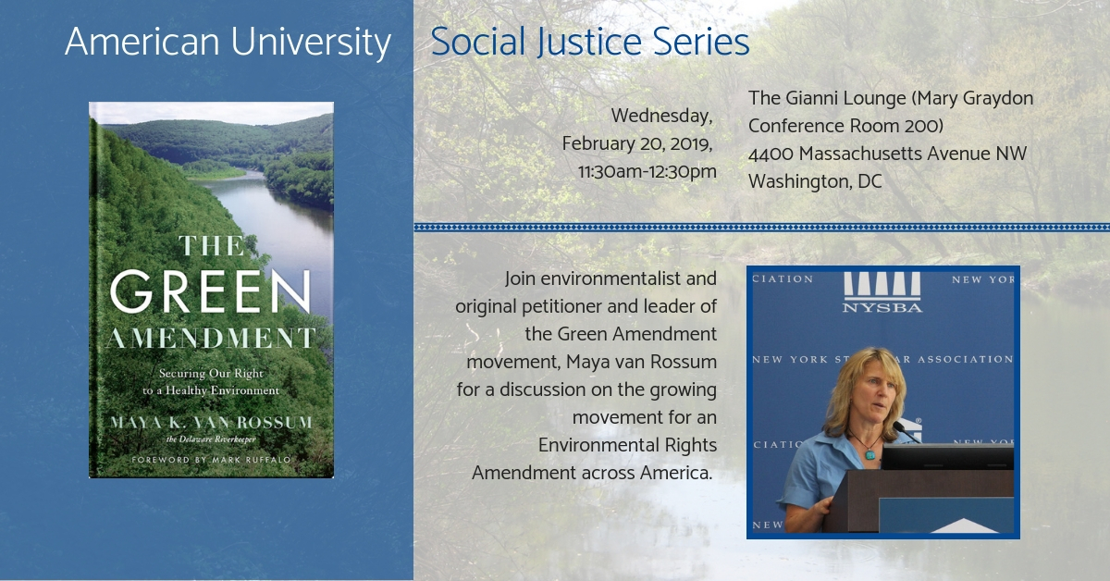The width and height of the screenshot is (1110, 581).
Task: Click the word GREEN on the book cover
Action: [x=211, y=291]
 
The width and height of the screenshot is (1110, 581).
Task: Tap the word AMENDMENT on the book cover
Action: [x=211, y=338]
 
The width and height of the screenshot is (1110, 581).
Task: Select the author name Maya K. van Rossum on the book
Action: [x=211, y=423]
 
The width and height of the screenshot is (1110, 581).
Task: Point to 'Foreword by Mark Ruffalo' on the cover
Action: [x=211, y=460]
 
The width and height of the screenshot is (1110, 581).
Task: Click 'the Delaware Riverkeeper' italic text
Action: [x=211, y=439]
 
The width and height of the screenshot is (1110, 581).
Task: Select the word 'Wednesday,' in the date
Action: [x=661, y=116]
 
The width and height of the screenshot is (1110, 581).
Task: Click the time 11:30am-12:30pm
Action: [x=647, y=171]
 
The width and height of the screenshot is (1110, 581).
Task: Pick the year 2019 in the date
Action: [x=691, y=144]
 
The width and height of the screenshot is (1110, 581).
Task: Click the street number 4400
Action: [x=771, y=154]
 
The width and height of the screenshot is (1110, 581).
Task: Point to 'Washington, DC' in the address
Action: [x=815, y=181]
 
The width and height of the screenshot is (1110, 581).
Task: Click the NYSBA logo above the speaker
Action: [x=882, y=292]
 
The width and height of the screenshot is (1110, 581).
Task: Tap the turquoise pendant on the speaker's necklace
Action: [x=869, y=453]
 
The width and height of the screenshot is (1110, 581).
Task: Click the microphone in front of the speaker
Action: [x=906, y=432]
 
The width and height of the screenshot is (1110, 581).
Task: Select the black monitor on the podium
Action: [x=947, y=457]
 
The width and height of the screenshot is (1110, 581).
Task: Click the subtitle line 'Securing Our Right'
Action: [x=211, y=373]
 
